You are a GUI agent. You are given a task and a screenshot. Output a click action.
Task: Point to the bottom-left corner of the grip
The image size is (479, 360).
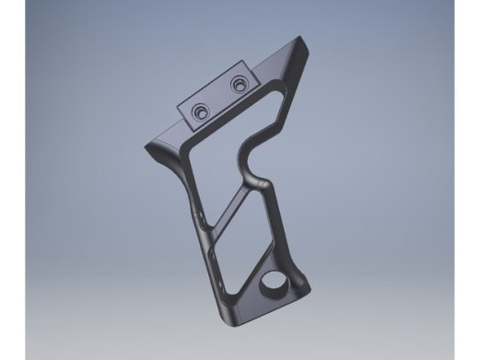click(x=230, y=322)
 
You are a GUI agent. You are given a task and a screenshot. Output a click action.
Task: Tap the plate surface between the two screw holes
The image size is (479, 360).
click(x=220, y=99)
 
